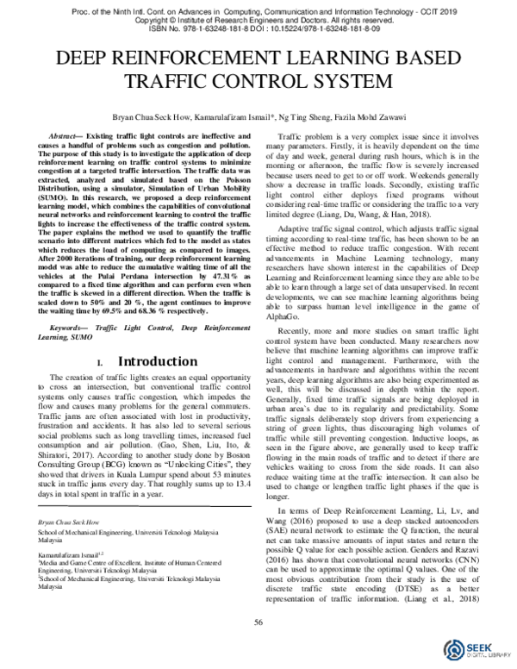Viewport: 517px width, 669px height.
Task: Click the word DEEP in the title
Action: [x=80, y=60]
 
